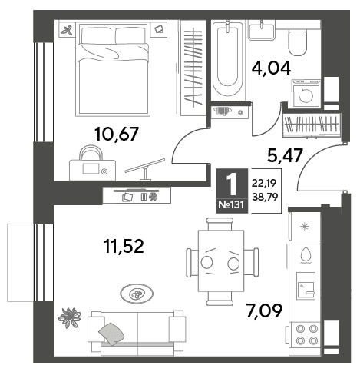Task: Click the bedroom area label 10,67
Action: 117,134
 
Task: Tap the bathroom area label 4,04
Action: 271,68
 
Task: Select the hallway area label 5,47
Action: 285,155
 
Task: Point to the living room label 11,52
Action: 124,246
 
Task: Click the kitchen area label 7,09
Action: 264,310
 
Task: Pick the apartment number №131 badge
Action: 232,204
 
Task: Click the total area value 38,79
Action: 265,197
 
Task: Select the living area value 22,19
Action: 265,183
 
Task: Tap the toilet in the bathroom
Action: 298,42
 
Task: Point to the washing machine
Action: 306,94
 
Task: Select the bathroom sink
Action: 262,30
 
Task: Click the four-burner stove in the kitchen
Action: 306,334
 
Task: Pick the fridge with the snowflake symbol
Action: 305,227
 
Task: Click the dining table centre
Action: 221,261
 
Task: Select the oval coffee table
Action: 137,294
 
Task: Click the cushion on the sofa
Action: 111,334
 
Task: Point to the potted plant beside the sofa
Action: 69,317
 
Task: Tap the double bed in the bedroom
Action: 113,69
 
